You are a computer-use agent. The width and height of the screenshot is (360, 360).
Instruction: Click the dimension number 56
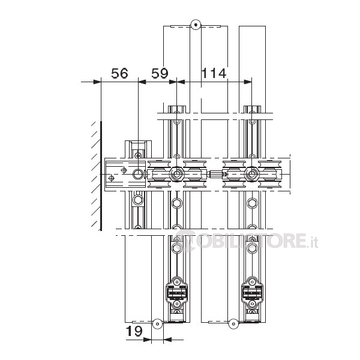pyautogui.click(x=119, y=73)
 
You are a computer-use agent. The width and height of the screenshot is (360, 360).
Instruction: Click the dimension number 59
pyautogui.click(x=160, y=73)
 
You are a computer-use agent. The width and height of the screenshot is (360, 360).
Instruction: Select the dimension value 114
pyautogui.click(x=214, y=73)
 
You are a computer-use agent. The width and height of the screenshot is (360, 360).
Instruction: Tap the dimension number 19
pyautogui.click(x=134, y=331)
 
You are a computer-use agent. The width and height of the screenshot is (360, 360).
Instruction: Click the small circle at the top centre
pyautogui.click(x=196, y=25)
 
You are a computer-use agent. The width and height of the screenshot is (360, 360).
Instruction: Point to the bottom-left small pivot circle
pyautogui.click(x=157, y=324)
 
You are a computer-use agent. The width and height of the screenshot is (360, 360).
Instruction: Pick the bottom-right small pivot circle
pyautogui.click(x=233, y=324)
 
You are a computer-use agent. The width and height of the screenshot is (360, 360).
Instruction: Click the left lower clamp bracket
pyautogui.click(x=177, y=293)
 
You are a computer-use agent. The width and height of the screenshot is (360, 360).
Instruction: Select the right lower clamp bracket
pyautogui.click(x=253, y=293)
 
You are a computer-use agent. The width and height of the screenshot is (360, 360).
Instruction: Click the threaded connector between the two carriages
pyautogui.click(x=215, y=174)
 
